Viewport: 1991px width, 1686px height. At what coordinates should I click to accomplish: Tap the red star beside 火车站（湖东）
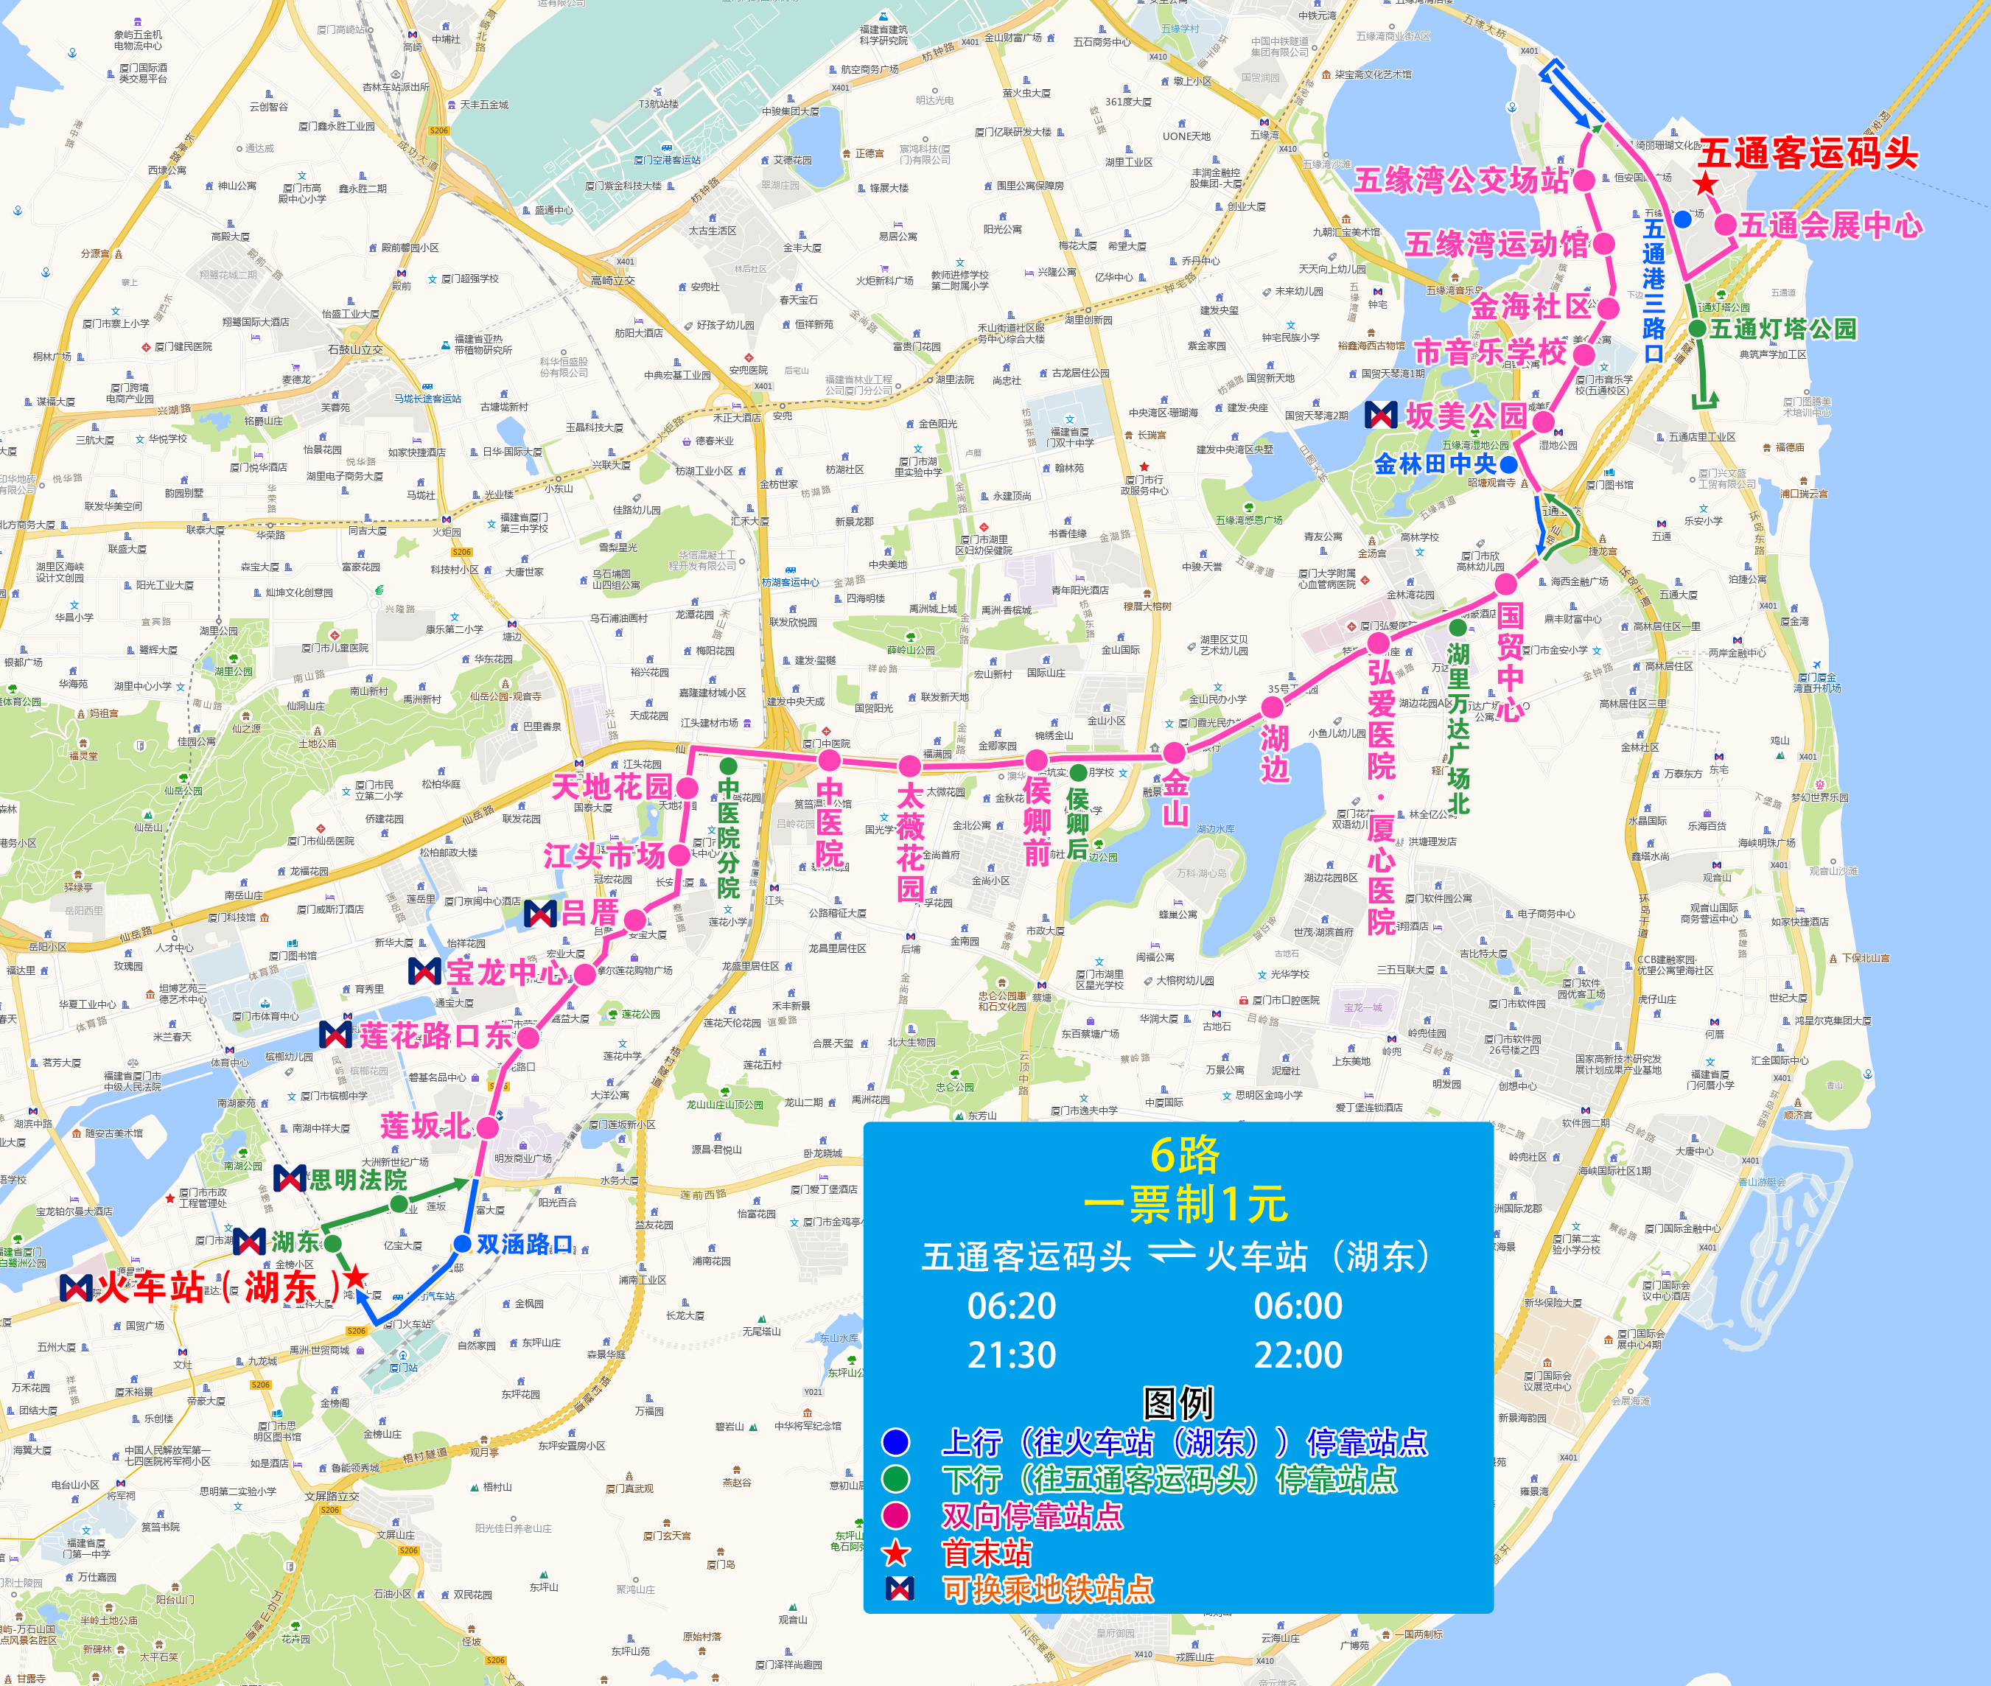tap(356, 1277)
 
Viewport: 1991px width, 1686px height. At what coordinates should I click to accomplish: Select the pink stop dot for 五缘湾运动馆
tap(1605, 245)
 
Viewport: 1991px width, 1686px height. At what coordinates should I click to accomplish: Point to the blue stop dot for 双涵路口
tap(463, 1243)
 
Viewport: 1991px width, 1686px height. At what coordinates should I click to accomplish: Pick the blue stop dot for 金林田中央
tap(1508, 464)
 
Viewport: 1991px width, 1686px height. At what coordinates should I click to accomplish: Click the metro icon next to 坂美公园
tap(1380, 415)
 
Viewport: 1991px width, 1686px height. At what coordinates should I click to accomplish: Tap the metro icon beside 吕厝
tap(540, 913)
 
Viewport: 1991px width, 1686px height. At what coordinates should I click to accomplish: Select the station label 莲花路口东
tap(436, 1035)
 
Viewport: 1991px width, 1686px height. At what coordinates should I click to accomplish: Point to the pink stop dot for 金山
tap(1175, 754)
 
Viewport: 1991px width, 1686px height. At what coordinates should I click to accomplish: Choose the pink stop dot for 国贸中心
tap(1506, 584)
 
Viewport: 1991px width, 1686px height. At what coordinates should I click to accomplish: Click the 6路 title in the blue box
tap(1184, 1155)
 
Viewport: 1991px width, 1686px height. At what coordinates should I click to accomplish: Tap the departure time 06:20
tap(1011, 1306)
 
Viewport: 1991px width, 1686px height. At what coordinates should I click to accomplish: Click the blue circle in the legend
tap(895, 1441)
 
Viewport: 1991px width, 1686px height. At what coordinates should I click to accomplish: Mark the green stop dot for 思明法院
tap(399, 1204)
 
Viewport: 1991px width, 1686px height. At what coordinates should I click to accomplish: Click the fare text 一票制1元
tap(1185, 1204)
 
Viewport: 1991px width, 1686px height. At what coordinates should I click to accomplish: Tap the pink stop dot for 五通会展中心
tap(1725, 225)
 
